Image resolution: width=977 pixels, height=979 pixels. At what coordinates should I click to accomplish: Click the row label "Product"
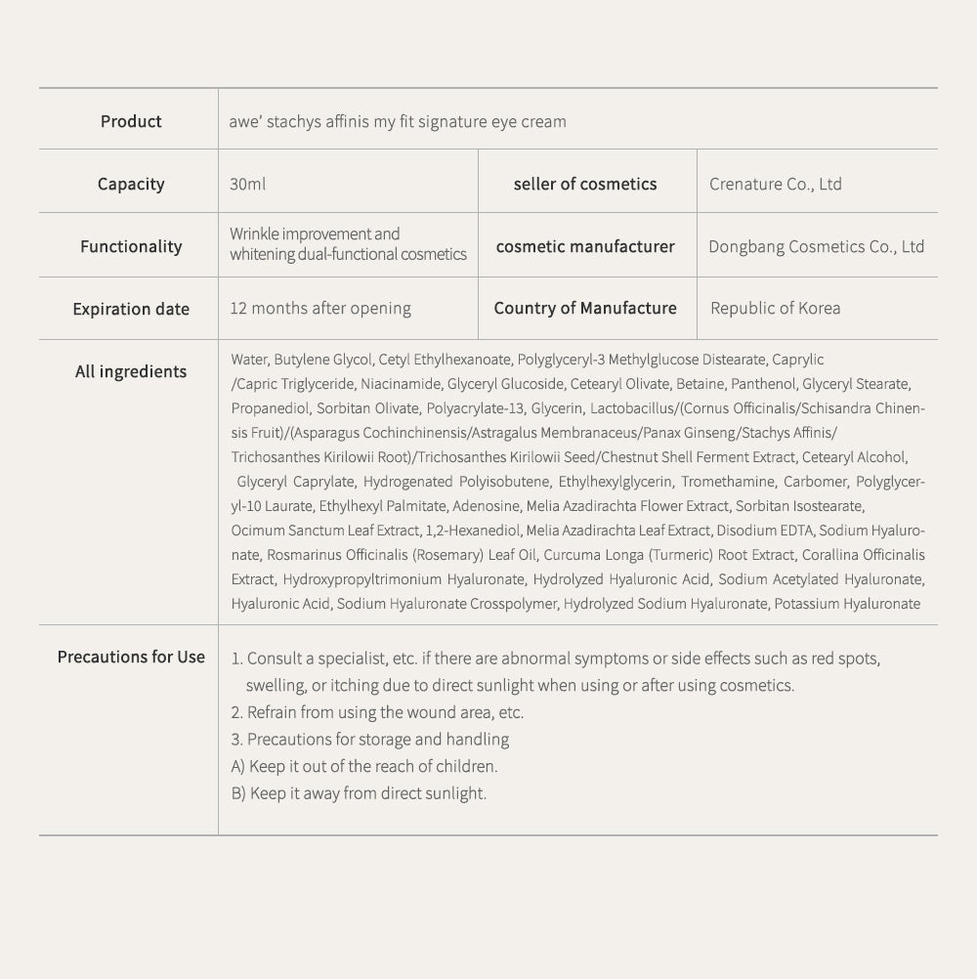[x=131, y=121]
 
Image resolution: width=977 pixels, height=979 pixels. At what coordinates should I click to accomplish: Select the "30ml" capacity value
[x=248, y=184]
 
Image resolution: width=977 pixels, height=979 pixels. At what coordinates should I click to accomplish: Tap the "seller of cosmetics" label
[x=585, y=184]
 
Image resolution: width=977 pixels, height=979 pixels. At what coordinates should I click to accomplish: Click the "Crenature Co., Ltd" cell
[x=776, y=184]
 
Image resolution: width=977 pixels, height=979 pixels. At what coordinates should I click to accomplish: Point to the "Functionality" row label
[x=131, y=246]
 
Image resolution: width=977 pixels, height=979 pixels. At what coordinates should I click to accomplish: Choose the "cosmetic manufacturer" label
[x=585, y=246]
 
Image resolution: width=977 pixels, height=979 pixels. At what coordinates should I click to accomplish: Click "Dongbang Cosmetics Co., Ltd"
[x=816, y=246]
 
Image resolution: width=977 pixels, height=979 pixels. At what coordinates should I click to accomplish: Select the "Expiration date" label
[x=131, y=309]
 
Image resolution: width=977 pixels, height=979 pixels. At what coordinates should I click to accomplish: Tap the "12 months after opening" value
[x=320, y=309]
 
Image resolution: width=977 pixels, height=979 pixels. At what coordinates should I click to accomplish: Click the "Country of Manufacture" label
[x=585, y=308]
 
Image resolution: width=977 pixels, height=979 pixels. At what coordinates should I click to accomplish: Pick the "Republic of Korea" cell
[x=775, y=309]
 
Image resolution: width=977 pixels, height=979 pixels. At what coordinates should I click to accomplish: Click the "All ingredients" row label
[x=131, y=371]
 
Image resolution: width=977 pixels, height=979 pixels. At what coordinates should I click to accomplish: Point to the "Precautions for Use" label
[x=131, y=657]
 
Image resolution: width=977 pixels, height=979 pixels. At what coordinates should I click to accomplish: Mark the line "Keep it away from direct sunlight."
[x=367, y=793]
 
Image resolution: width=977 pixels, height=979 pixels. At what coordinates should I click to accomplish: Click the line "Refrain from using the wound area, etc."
[x=385, y=712]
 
